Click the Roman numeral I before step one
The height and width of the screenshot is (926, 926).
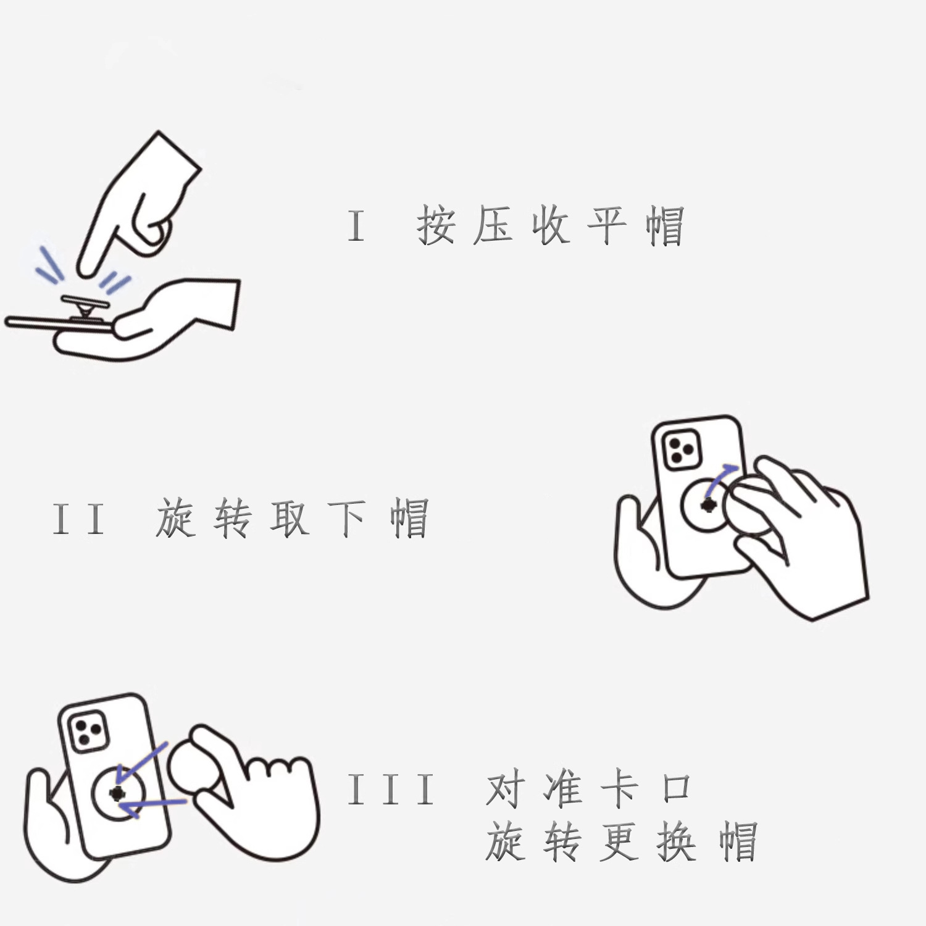356,225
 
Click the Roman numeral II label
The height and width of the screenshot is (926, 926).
78,519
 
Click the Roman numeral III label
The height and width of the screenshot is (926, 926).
391,790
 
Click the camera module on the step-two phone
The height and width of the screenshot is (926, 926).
681,450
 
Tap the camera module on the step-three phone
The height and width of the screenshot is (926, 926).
88,732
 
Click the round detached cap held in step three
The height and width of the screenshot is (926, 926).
196,765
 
